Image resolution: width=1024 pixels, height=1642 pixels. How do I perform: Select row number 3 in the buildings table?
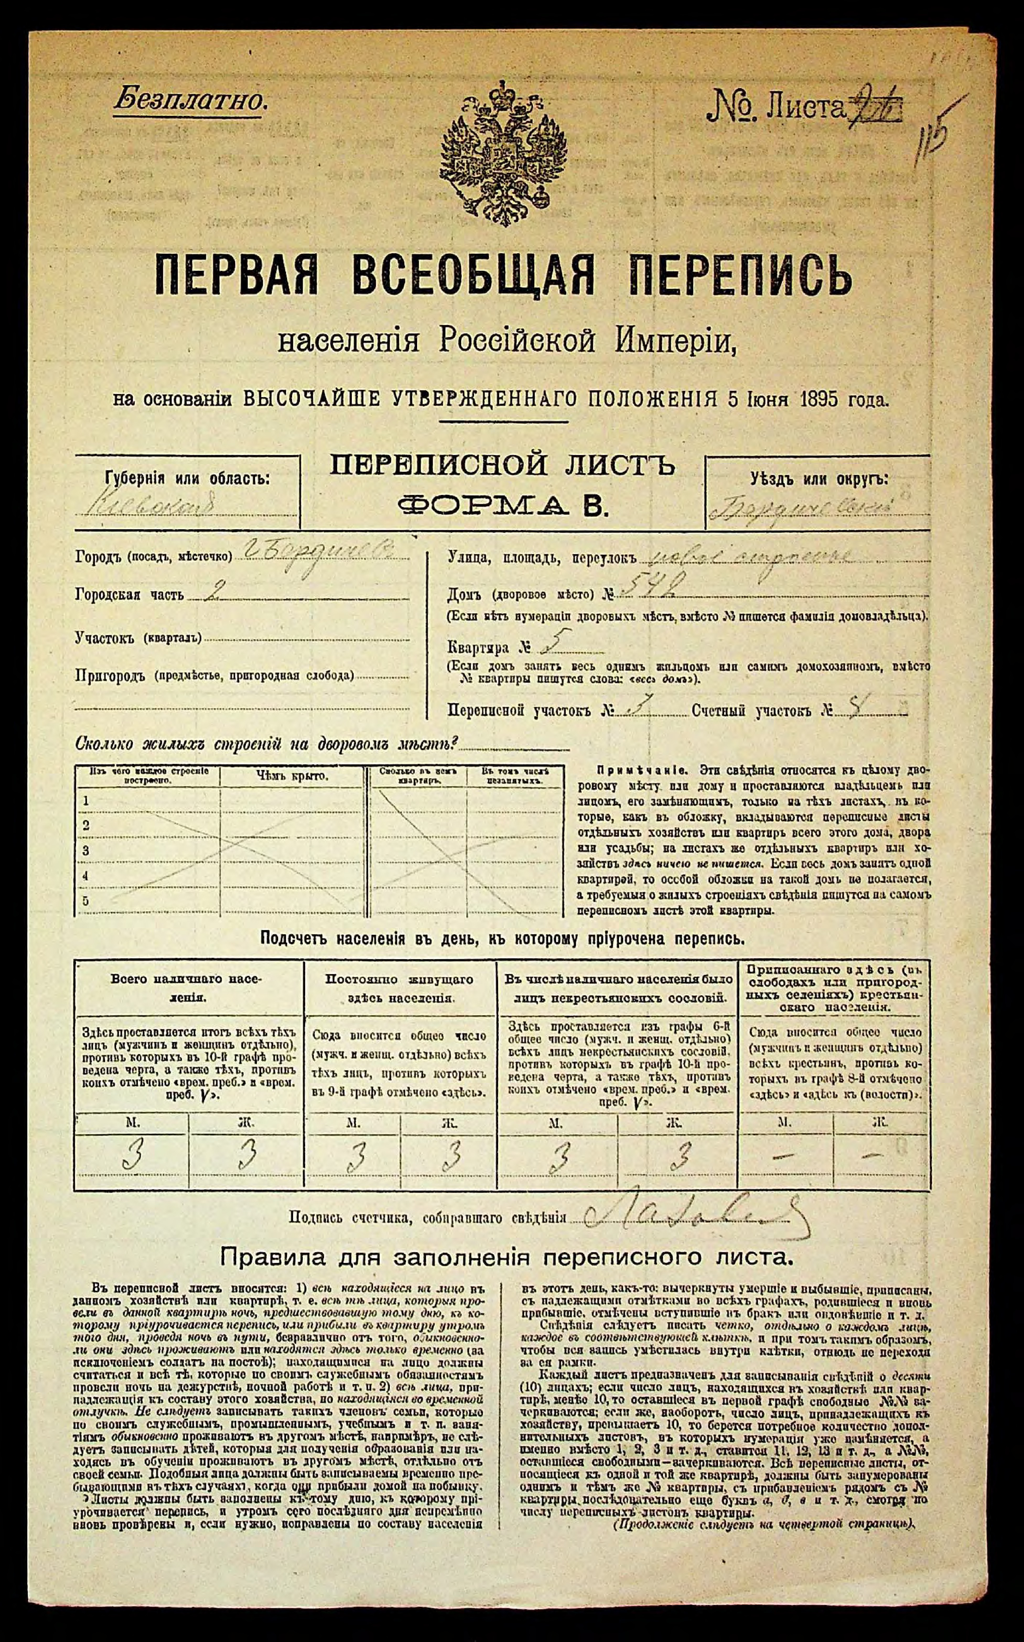click(x=86, y=850)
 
